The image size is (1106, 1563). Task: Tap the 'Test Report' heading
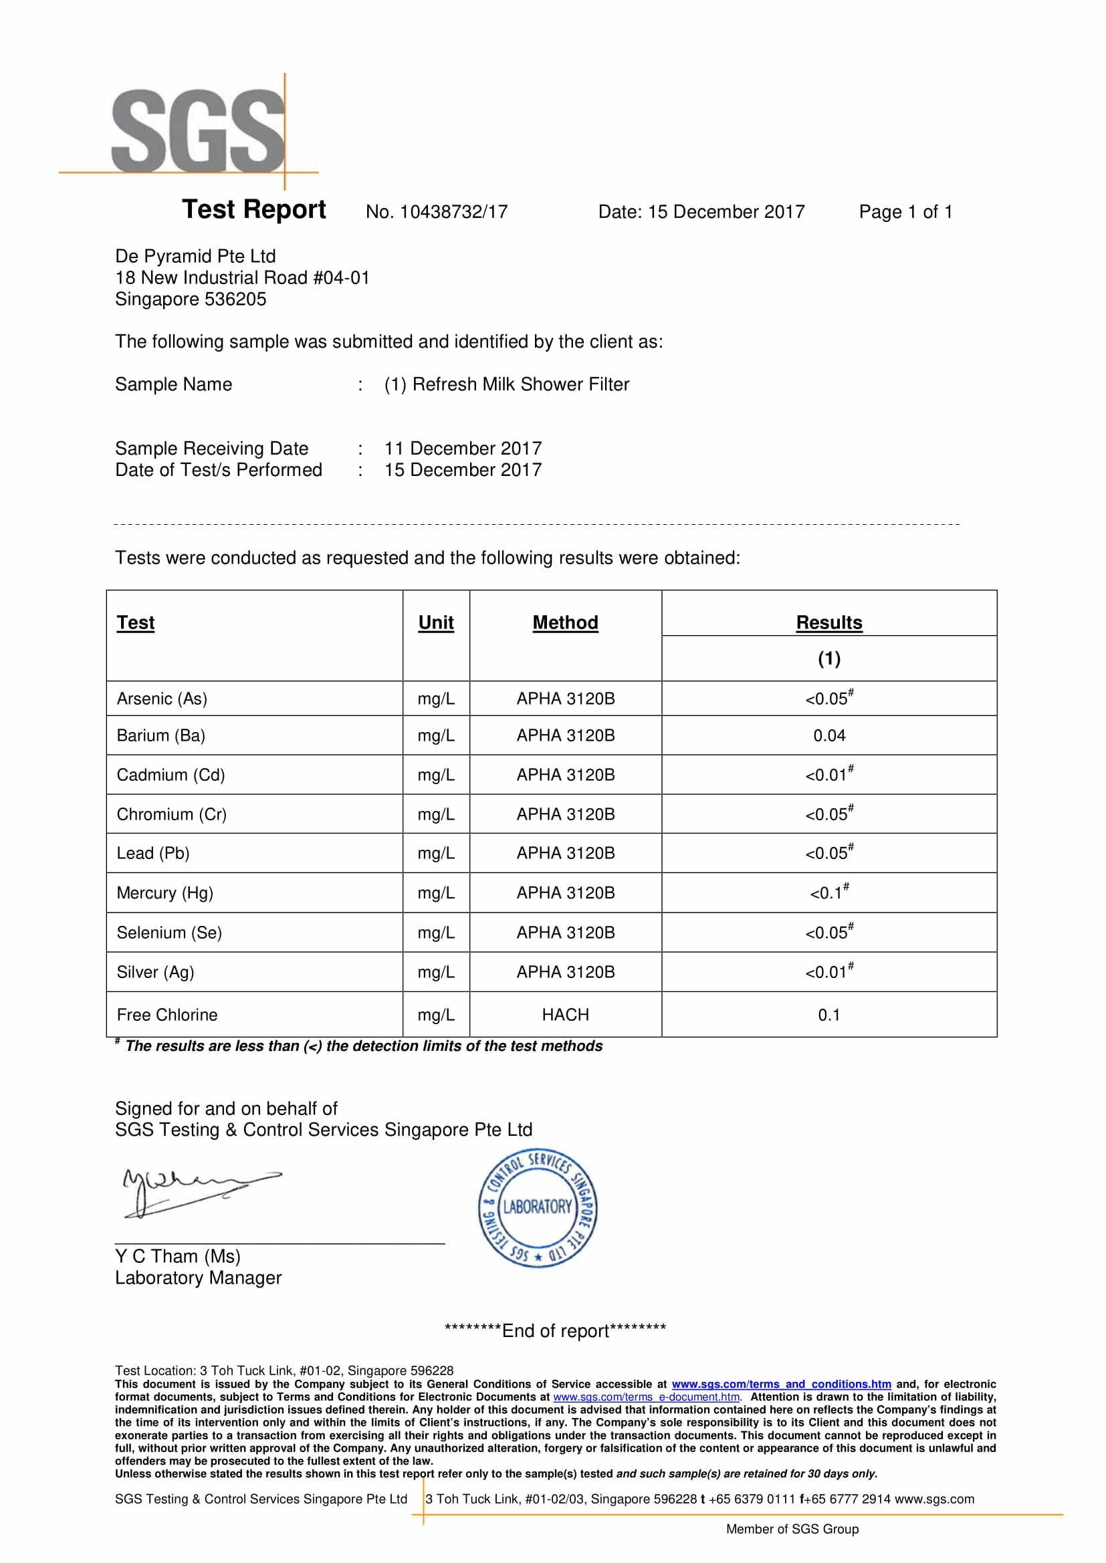pyautogui.click(x=254, y=210)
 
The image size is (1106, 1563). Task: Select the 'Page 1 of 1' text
pyautogui.click(x=905, y=212)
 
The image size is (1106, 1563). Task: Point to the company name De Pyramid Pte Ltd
pyautogui.click(x=195, y=256)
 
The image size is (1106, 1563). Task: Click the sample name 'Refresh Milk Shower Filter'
pyautogui.click(x=520, y=384)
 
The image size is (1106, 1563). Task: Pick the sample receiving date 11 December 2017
pyautogui.click(x=463, y=449)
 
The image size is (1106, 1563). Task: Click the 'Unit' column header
pyautogui.click(x=436, y=623)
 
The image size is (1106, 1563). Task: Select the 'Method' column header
pyautogui.click(x=565, y=623)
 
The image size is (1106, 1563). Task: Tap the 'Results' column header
pyautogui.click(x=828, y=623)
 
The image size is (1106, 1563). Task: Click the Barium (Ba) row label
pyautogui.click(x=160, y=736)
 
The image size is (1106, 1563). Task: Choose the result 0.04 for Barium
pyautogui.click(x=828, y=736)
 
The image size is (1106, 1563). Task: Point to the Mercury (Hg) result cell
pyautogui.click(x=828, y=892)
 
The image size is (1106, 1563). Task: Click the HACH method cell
pyautogui.click(x=565, y=1015)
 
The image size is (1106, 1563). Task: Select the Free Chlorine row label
pyautogui.click(x=167, y=1015)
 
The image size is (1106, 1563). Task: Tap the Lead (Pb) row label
pyautogui.click(x=153, y=854)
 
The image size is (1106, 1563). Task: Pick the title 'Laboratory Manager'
pyautogui.click(x=198, y=1278)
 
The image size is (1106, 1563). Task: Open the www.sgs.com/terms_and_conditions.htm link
pyautogui.click(x=781, y=1384)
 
